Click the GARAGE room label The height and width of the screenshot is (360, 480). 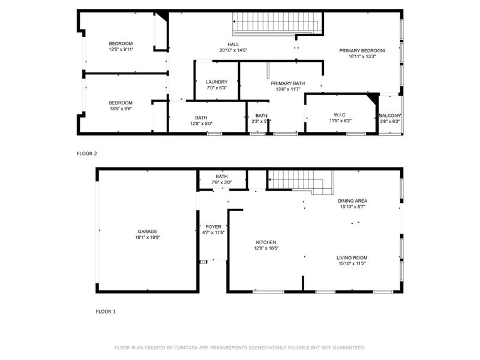pyautogui.click(x=148, y=231)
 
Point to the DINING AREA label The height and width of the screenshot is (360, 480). pyautogui.click(x=352, y=200)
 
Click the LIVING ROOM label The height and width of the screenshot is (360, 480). pyautogui.click(x=352, y=257)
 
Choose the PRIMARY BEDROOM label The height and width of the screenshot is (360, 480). pyautogui.click(x=362, y=50)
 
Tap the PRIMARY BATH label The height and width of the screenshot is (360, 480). pyautogui.click(x=288, y=83)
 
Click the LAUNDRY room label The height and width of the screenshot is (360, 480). pyautogui.click(x=217, y=82)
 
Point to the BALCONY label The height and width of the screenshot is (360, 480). pyautogui.click(x=390, y=115)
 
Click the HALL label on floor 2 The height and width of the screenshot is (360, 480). pyautogui.click(x=233, y=44)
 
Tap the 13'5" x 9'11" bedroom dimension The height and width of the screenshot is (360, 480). pyautogui.click(x=121, y=49)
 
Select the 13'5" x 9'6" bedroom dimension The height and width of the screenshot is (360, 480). pyautogui.click(x=121, y=109)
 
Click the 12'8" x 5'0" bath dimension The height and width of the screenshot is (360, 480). pyautogui.click(x=201, y=124)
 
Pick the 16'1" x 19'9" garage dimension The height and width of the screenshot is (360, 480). pyautogui.click(x=148, y=237)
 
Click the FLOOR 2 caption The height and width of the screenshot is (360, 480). pyautogui.click(x=86, y=154)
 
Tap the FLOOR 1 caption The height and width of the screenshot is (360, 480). pyautogui.click(x=106, y=312)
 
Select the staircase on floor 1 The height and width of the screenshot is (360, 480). pyautogui.click(x=299, y=180)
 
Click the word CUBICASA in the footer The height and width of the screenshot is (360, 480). pyautogui.click(x=187, y=347)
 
